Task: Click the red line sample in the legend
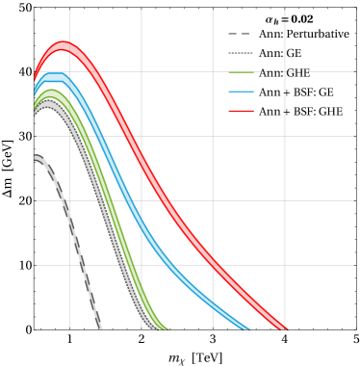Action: tap(242, 111)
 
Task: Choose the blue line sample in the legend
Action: tap(242, 92)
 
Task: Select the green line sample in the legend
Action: tap(242, 72)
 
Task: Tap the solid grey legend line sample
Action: tap(242, 53)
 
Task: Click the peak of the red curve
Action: tap(64, 46)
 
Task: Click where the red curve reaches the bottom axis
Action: tap(284, 328)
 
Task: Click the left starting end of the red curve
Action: tap(36, 75)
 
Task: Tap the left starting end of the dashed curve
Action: tap(36, 157)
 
